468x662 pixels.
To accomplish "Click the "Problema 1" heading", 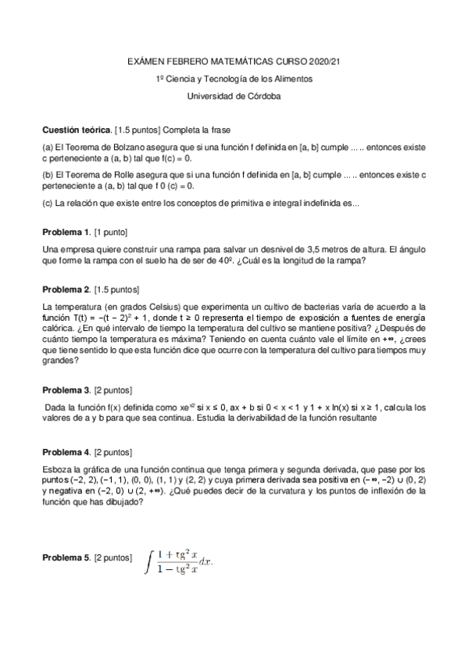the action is point(66,233).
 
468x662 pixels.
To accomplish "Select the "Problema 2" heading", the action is point(66,290).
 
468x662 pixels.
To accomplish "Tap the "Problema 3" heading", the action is point(66,390).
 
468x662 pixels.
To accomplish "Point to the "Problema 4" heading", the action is point(66,452).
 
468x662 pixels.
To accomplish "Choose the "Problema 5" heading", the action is point(66,558).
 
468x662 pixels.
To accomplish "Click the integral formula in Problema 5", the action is point(179,560).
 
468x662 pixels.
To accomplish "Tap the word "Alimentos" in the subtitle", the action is point(294,79).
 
